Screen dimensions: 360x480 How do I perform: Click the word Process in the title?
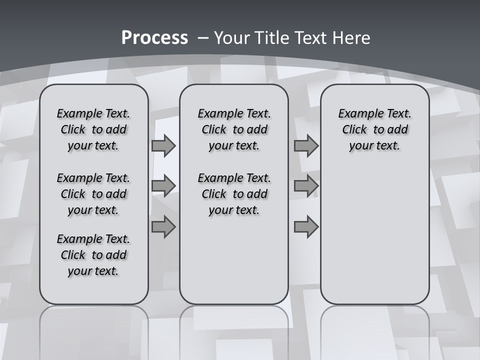click(x=154, y=38)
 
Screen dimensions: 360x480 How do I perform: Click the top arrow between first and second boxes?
click(x=163, y=145)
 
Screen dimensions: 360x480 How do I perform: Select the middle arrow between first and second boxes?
click(x=163, y=186)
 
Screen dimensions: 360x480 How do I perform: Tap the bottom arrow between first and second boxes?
click(x=163, y=226)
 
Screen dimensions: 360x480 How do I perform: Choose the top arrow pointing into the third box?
click(x=306, y=145)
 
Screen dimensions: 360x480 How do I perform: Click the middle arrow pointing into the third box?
click(x=306, y=186)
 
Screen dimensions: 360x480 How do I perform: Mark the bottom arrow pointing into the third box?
click(x=306, y=226)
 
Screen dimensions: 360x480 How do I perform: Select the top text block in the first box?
click(x=93, y=129)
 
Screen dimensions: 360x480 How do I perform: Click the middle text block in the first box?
click(x=93, y=194)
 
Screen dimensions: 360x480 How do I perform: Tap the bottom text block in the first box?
click(x=93, y=255)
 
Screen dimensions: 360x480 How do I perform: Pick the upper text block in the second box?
click(x=234, y=129)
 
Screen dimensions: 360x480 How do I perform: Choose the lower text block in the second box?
click(x=234, y=194)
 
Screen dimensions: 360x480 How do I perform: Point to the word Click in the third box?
click(x=354, y=130)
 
